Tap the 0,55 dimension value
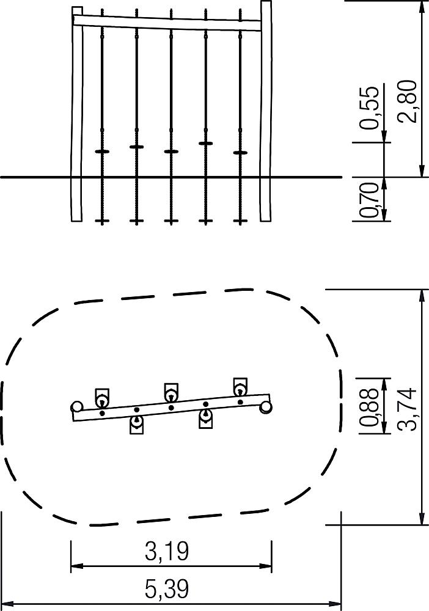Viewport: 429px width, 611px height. point(369,108)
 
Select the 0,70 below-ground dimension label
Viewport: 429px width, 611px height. point(369,200)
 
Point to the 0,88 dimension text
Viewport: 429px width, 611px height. point(369,406)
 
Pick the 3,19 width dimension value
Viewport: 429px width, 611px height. point(167,551)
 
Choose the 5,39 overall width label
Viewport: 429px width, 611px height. point(167,588)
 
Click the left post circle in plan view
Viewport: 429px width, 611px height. point(77,406)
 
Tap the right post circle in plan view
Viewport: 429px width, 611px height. point(266,407)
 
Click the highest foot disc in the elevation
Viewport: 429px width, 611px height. point(206,144)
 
